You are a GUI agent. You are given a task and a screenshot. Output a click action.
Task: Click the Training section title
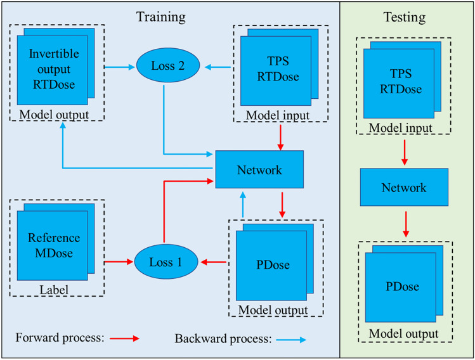click(x=161, y=16)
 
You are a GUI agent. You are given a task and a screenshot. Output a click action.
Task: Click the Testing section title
click(x=404, y=17)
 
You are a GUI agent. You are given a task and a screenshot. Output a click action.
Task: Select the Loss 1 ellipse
click(x=164, y=261)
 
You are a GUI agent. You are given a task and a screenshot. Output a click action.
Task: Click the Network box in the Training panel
click(x=259, y=170)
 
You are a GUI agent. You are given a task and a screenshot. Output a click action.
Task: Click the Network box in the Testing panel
click(x=404, y=187)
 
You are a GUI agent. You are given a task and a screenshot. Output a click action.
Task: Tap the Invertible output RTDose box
click(x=53, y=70)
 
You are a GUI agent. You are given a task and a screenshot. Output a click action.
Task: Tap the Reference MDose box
click(x=53, y=246)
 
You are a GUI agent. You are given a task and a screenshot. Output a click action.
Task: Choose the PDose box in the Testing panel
click(x=402, y=286)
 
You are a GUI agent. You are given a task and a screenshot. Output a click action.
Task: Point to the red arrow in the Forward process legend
click(x=124, y=338)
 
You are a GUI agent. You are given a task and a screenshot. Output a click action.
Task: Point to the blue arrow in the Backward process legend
click(x=291, y=340)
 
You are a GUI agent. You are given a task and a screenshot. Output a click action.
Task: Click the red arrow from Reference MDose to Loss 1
click(x=119, y=261)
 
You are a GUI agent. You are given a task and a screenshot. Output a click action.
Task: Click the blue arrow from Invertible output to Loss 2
click(x=121, y=65)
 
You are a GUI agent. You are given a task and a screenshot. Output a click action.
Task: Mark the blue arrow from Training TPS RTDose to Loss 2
click(x=218, y=65)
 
